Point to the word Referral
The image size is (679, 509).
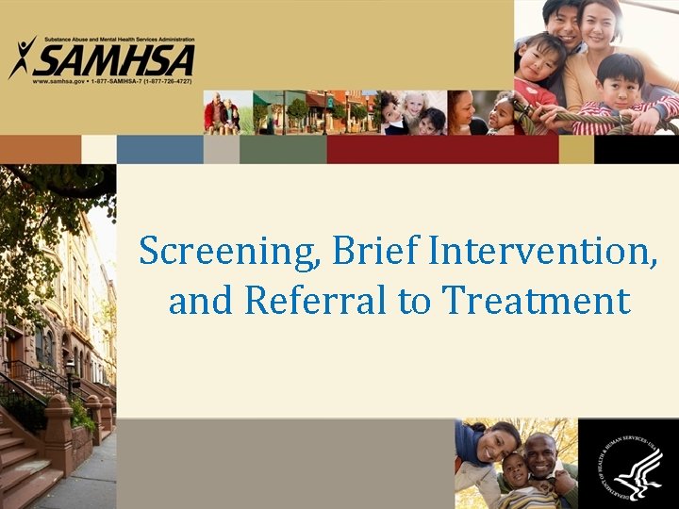click(316, 301)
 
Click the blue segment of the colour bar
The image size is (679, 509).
click(160, 149)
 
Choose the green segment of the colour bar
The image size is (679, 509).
click(282, 149)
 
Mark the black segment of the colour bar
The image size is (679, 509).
click(636, 149)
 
